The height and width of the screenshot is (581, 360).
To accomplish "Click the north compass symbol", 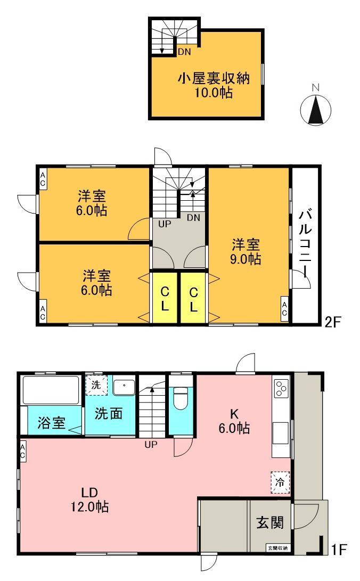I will [316, 109].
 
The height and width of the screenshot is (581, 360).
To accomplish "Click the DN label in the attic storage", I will [184, 52].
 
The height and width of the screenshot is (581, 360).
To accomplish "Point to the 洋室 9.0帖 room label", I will [246, 252].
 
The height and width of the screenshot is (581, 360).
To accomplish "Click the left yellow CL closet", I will [165, 299].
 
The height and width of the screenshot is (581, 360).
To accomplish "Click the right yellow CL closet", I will [194, 299].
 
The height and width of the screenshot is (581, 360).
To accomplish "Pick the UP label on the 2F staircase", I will [165, 224].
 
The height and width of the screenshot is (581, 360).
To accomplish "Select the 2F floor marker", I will [333, 321].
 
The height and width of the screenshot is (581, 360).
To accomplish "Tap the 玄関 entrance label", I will [270, 522].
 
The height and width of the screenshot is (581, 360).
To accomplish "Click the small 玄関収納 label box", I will [277, 547].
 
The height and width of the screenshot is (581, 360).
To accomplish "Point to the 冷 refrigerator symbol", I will [280, 483].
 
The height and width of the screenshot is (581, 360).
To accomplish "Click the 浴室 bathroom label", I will [52, 423].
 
